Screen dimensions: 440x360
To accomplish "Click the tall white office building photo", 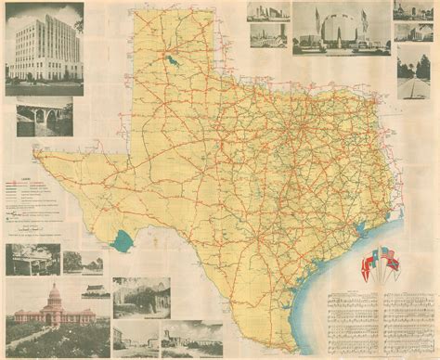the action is [x=45, y=46].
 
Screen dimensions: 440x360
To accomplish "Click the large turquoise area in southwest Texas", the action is [x=121, y=245].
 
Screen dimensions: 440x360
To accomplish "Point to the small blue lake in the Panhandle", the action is [x=175, y=63].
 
